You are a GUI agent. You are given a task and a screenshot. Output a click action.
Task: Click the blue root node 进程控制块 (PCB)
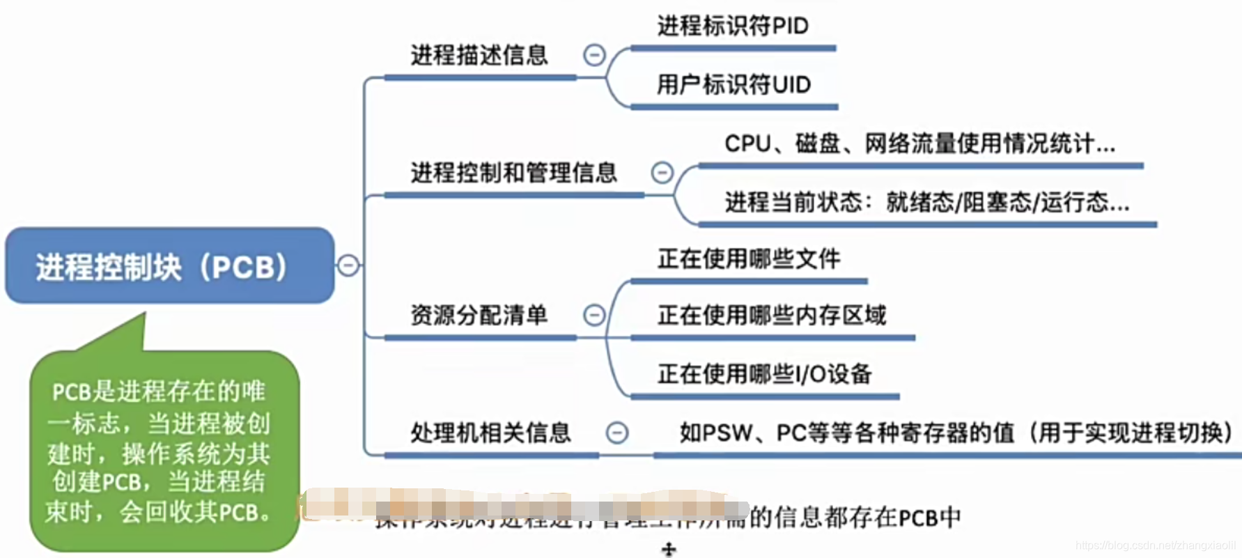pos(169,265)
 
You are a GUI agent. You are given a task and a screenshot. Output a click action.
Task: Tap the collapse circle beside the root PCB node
pos(348,265)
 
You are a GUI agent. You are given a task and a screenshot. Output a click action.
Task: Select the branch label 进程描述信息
pos(479,55)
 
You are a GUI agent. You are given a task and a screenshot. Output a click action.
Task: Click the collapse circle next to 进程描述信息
pos(594,55)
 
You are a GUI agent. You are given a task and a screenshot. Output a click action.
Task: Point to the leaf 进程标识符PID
pos(733,26)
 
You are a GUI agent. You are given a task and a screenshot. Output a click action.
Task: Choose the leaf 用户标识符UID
pos(733,85)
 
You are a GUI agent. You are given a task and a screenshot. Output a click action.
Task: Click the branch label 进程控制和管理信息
pos(513,172)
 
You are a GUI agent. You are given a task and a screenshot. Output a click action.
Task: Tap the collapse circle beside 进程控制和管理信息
pos(662,172)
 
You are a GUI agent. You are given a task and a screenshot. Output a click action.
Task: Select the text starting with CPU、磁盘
pos(919,144)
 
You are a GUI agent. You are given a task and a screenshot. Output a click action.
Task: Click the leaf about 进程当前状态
pos(926,203)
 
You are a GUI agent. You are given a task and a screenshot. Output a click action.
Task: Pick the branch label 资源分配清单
pos(479,315)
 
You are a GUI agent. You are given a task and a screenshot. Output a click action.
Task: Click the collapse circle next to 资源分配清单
pos(594,315)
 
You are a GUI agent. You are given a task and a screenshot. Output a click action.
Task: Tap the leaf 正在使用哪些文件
pos(749,259)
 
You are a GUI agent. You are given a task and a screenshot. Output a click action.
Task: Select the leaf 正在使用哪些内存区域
pos(772,316)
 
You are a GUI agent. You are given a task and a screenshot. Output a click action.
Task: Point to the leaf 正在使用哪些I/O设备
pos(764,374)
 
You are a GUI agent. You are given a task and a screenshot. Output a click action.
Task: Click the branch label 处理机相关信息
pos(490,433)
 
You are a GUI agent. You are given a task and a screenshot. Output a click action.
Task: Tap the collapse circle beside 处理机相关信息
pos(616,433)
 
